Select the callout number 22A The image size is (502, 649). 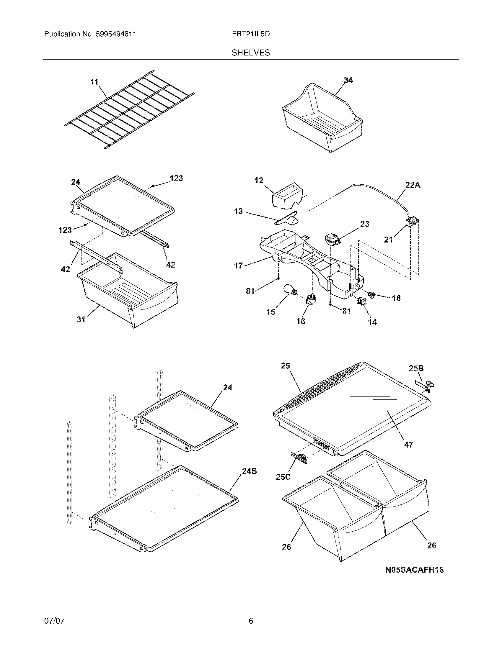(413, 185)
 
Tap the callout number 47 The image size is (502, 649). (408, 453)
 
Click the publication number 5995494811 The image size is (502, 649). (116, 34)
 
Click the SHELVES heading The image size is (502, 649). (251, 53)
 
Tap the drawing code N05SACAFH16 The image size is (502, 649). (414, 570)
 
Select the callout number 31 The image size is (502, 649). (81, 319)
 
